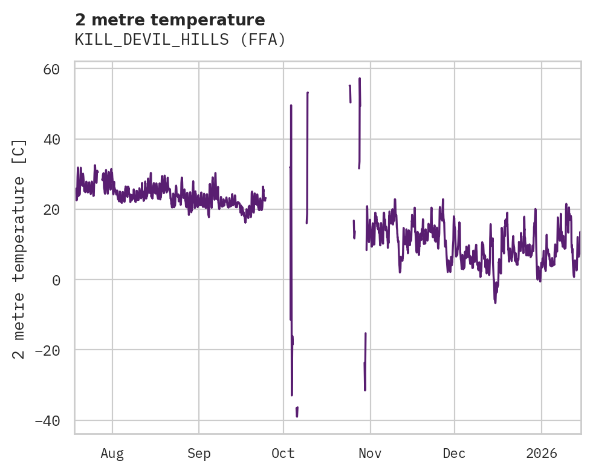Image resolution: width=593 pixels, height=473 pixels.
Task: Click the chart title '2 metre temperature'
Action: (x=170, y=20)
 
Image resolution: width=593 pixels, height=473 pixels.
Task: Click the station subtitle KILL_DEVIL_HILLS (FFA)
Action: (x=180, y=40)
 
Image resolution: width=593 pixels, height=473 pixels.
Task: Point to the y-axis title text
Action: (x=20, y=249)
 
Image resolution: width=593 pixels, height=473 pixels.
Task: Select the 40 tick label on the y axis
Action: (x=51, y=139)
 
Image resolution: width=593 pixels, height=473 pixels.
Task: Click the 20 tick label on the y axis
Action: (x=51, y=210)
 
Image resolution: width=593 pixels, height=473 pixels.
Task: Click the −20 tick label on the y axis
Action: (x=47, y=350)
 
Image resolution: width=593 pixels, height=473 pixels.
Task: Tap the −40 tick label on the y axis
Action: (x=47, y=420)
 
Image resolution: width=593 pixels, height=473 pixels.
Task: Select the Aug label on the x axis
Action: (x=112, y=453)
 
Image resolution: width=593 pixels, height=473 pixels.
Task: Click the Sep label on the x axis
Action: (x=199, y=453)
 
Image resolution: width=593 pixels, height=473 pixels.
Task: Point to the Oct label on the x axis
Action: (x=283, y=453)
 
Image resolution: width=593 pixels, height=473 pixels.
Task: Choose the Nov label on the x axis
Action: (x=370, y=453)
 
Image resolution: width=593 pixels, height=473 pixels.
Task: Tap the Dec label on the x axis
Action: (x=454, y=453)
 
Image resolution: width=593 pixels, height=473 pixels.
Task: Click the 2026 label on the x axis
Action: (x=542, y=453)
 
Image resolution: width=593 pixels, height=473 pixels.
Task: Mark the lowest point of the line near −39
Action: (x=297, y=416)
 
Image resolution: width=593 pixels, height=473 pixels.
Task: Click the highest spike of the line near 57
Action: (x=360, y=79)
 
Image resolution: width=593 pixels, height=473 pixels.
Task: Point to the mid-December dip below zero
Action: (x=495, y=301)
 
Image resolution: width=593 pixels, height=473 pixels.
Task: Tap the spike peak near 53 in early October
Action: (x=308, y=93)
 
